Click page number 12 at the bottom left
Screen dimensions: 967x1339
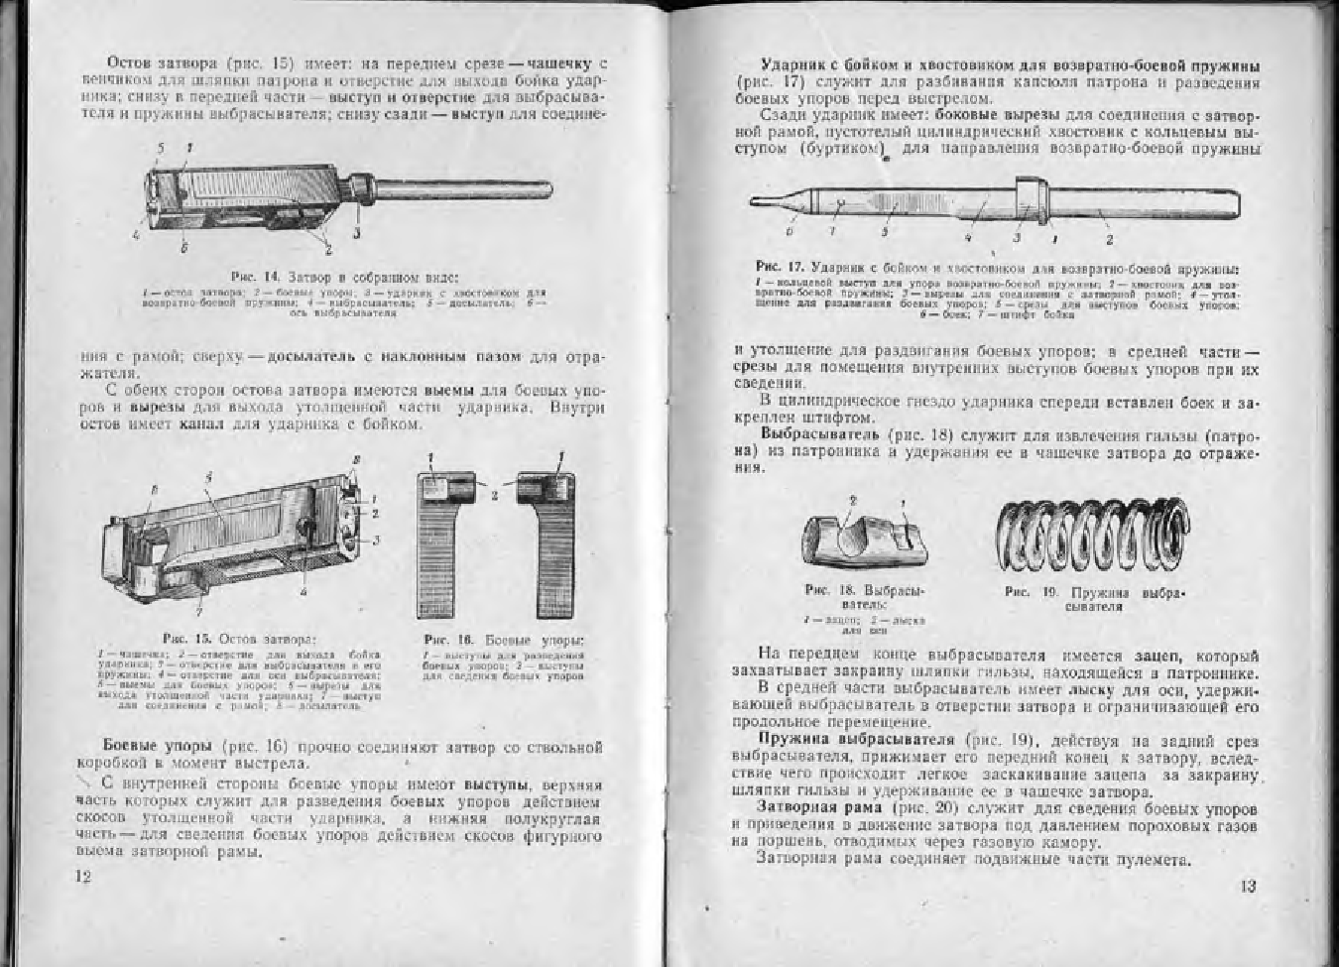tap(83, 876)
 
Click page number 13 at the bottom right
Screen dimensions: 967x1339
tap(1248, 886)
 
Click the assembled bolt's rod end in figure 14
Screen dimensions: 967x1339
tap(536, 187)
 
